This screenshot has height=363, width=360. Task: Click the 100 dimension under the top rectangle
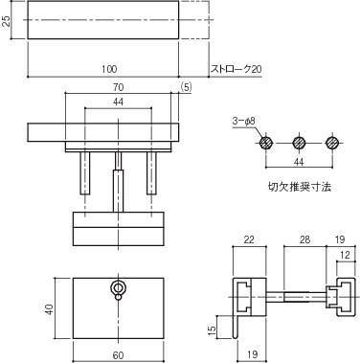point(109,68)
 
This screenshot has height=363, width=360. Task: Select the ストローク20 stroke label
point(236,69)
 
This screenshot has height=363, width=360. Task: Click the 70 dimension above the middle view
point(118,86)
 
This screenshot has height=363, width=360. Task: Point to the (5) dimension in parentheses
point(186,87)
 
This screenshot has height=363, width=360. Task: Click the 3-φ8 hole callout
point(244,122)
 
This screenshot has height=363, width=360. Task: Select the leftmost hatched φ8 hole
point(266,143)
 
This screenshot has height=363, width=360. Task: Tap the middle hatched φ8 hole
point(299,143)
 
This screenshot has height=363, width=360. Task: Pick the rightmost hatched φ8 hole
point(332,143)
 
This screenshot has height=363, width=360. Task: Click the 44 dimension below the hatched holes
point(299,162)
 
